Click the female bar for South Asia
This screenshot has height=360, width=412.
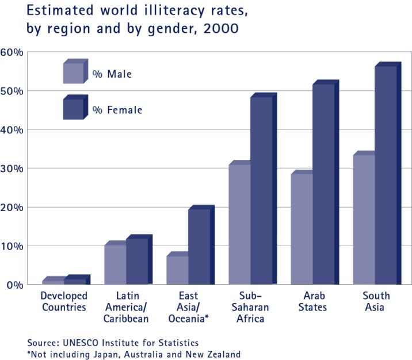coord(386,175)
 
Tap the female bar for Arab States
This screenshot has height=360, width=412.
coord(323,184)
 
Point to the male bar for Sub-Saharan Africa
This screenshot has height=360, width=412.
coord(239,224)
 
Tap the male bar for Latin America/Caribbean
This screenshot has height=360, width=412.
coord(115,265)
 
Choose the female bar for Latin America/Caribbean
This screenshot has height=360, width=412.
coord(137,262)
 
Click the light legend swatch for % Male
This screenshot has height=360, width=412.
coord(74,72)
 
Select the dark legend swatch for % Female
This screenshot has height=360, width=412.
coord(74,109)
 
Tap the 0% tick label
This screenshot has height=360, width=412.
coord(14,285)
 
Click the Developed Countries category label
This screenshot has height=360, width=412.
coord(64,301)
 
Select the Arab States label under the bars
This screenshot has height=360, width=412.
coord(312,301)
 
